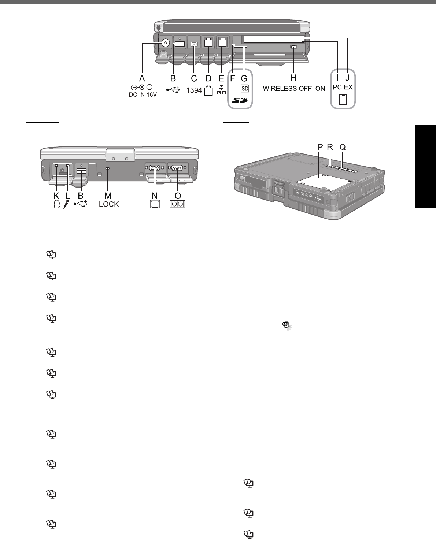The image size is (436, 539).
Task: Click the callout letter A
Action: pos(142,78)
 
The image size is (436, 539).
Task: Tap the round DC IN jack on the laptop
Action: pos(166,43)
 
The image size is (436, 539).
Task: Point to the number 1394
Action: pos(195,90)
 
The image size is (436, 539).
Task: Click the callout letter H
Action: pos(293,78)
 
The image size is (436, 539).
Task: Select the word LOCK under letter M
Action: pos(109,204)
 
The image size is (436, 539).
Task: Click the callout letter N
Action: pos(155,196)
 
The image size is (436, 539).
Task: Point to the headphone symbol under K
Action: pos(56,204)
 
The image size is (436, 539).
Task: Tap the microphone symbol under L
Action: pos(66,204)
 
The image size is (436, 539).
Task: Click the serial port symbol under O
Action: pos(177,204)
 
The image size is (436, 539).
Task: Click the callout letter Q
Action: pos(343,147)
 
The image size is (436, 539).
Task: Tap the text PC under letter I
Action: pos(337,89)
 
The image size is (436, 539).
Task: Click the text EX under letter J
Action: pos(348,89)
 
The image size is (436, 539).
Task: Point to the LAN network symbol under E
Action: pos(221,90)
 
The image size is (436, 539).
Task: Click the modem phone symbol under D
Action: pos(208,90)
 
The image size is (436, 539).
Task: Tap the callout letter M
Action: pos(108,196)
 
